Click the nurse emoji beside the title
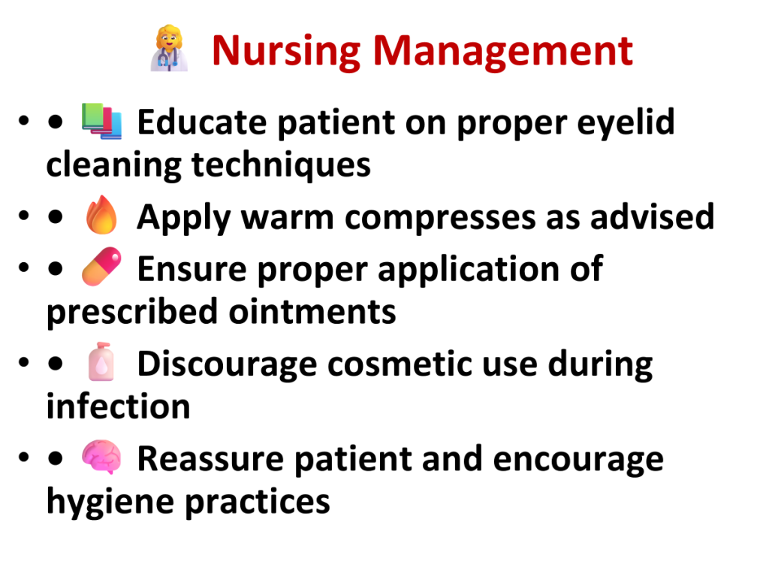(x=169, y=49)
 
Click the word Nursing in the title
(x=286, y=52)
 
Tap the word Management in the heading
(x=503, y=52)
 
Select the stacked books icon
(x=101, y=121)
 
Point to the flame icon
(x=101, y=215)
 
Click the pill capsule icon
(x=101, y=267)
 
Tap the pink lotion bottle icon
(x=101, y=361)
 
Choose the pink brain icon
(x=101, y=457)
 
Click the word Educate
(x=202, y=122)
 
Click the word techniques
(x=281, y=166)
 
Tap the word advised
(x=652, y=217)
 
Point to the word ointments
(x=312, y=312)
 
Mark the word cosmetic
(x=400, y=364)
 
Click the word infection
(x=118, y=406)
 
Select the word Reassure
(x=210, y=460)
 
